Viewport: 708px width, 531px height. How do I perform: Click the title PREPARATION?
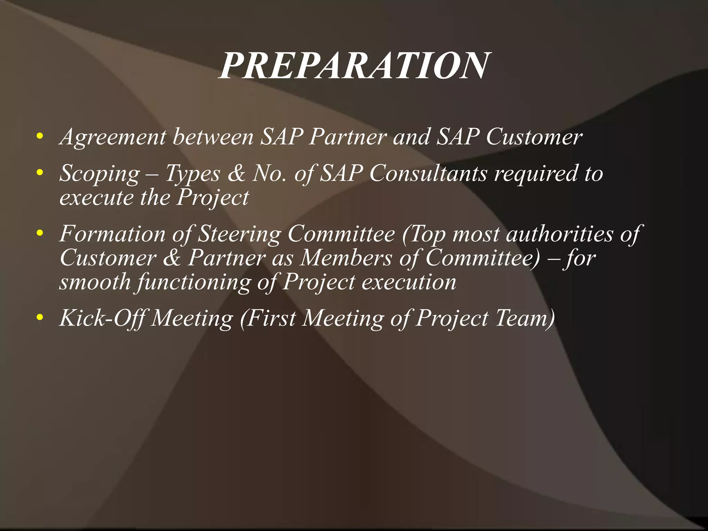(x=353, y=66)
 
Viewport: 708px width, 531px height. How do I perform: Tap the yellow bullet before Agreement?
(x=40, y=136)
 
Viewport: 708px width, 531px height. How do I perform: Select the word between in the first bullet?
(x=213, y=137)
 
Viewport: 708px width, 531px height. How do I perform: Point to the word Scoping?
(x=100, y=174)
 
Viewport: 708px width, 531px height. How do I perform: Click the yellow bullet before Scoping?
(x=40, y=172)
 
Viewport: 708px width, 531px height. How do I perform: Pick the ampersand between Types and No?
(x=236, y=173)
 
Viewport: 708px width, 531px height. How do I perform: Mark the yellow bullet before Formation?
(x=40, y=233)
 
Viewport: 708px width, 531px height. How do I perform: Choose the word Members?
(x=346, y=258)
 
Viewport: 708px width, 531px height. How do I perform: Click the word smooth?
(x=95, y=282)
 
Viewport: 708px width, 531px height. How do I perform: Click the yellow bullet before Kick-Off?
(x=40, y=317)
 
